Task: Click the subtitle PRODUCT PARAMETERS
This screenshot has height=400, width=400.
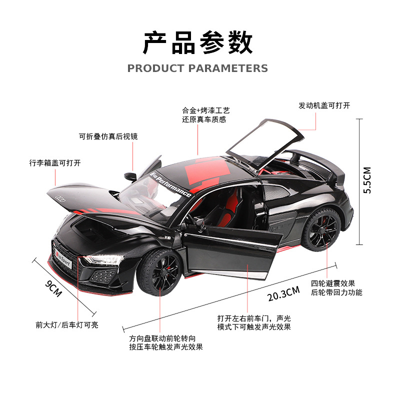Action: [198, 68]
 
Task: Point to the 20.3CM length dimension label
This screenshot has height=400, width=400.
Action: [283, 293]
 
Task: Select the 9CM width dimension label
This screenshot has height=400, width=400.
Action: [53, 289]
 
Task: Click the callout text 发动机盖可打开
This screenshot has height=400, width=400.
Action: [324, 105]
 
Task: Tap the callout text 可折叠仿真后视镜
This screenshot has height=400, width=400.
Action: [108, 136]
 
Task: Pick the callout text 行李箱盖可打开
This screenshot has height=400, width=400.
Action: [54, 163]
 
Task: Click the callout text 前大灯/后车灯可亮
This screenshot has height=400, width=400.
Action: [67, 324]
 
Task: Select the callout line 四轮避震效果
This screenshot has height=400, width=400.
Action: [333, 283]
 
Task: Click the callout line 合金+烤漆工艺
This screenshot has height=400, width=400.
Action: [205, 110]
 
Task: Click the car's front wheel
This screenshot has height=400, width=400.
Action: [159, 274]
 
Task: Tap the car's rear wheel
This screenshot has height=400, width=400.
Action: [320, 230]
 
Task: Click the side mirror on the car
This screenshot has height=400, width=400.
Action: [130, 176]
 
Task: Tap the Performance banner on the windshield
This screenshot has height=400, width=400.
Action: [170, 184]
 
